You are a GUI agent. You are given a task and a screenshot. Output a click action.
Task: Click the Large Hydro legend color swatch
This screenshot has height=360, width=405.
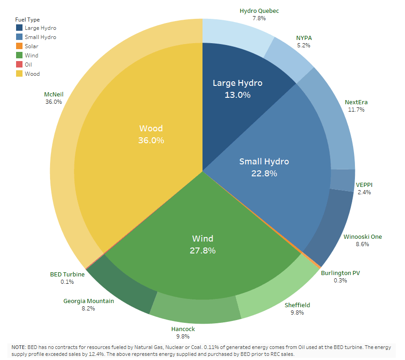pyautogui.click(x=18, y=28)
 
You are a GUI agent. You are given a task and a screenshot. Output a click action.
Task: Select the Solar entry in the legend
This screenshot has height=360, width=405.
pyautogui.click(x=32, y=46)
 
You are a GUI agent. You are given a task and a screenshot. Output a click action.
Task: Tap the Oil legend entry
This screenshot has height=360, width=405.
pyautogui.click(x=28, y=65)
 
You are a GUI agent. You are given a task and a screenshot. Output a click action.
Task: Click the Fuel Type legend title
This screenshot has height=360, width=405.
pyautogui.click(x=27, y=20)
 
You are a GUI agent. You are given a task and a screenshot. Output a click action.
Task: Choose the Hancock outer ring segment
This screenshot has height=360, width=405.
pyautogui.click(x=195, y=312)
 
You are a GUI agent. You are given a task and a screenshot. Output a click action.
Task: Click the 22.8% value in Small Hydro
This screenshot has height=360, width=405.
pyautogui.click(x=264, y=174)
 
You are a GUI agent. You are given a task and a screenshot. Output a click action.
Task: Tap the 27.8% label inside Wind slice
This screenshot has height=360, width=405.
pyautogui.click(x=202, y=251)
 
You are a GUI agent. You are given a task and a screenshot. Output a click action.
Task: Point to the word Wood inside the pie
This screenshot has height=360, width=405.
pyautogui.click(x=151, y=129)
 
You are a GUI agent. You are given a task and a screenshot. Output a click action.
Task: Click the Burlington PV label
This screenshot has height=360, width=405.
pyautogui.click(x=340, y=273)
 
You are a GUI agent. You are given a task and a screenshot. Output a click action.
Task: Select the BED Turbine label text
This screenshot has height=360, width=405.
pyautogui.click(x=67, y=274)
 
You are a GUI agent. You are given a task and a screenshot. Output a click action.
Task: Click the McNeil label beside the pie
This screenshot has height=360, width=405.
pyautogui.click(x=53, y=94)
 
